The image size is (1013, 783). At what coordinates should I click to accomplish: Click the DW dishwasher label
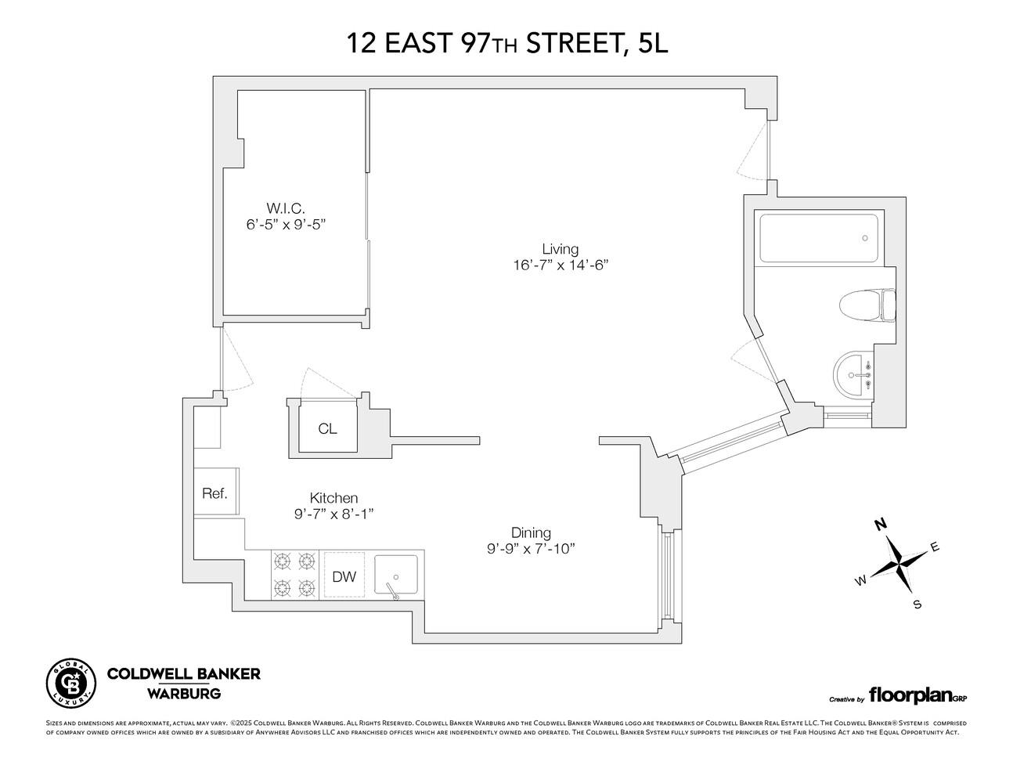[344, 577]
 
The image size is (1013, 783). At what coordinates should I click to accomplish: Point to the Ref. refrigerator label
[214, 493]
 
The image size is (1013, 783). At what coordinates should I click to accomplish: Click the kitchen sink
[397, 577]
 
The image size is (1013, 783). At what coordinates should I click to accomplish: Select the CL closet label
[327, 429]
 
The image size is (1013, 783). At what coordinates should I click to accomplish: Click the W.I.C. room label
[285, 208]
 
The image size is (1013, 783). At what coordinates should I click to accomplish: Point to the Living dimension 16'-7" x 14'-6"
[556, 265]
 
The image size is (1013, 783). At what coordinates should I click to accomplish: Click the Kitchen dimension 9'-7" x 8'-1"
[333, 514]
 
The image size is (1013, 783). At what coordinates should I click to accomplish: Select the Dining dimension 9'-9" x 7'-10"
[531, 548]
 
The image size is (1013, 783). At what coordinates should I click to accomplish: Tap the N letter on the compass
[881, 524]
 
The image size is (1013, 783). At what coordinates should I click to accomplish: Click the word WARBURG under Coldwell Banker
[184, 693]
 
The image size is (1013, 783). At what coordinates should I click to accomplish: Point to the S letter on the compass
[917, 604]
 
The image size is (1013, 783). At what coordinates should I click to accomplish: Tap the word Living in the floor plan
[560, 249]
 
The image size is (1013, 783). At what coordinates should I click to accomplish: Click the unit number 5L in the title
[653, 44]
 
